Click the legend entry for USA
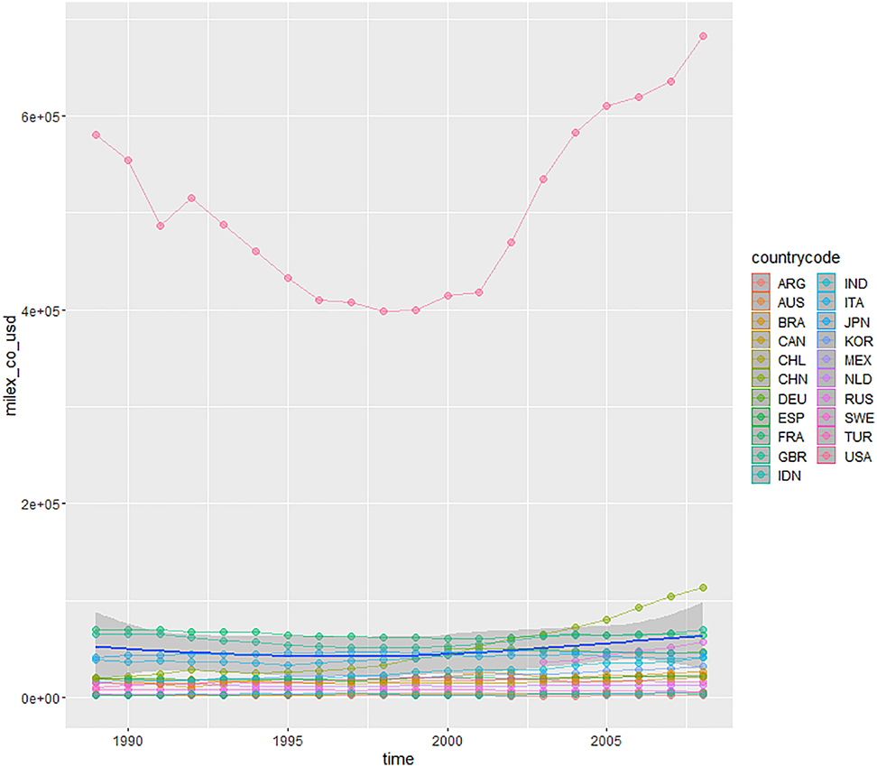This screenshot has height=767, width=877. tap(845, 457)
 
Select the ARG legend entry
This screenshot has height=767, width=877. tap(779, 283)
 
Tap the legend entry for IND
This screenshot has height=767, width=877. tap(845, 283)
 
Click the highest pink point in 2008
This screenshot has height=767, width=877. tap(703, 36)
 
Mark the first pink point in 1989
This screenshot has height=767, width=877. tap(96, 135)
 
